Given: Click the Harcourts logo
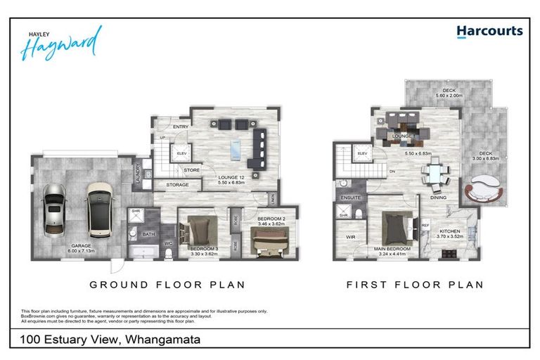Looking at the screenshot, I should pos(489,32).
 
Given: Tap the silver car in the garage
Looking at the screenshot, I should pos(54,210).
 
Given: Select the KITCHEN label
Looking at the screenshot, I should pos(449,231).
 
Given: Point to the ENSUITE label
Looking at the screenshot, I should pos(351,198).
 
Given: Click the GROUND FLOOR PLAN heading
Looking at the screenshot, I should pos(167,285).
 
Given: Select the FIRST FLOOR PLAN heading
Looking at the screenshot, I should pos(415,285).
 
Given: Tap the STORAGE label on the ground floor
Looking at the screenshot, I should pos(177,185).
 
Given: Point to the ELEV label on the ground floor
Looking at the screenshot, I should pos(182,153).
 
